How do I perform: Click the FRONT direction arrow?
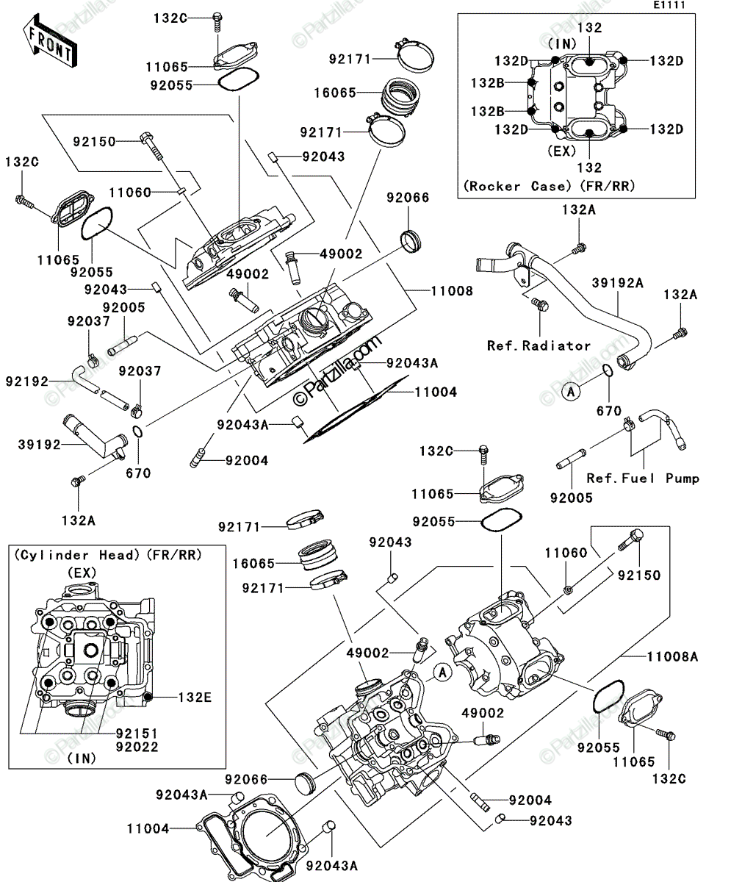(x=50, y=41)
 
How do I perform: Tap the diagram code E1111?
(x=669, y=5)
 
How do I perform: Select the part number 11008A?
(x=673, y=657)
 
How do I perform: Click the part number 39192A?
(x=617, y=282)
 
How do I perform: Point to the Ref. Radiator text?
(x=539, y=345)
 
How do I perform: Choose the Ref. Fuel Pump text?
(x=643, y=478)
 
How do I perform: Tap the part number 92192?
(x=27, y=381)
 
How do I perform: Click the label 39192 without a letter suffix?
(x=39, y=445)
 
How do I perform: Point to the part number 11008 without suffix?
(x=452, y=290)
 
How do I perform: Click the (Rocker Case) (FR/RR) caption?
(x=549, y=186)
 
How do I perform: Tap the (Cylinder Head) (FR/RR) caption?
(x=108, y=555)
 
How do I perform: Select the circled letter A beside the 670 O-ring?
(x=571, y=392)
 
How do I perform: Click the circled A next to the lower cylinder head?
(x=442, y=672)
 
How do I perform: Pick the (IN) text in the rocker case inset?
(x=562, y=43)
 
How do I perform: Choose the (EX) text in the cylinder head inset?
(x=82, y=573)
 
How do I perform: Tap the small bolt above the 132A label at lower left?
(x=79, y=480)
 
